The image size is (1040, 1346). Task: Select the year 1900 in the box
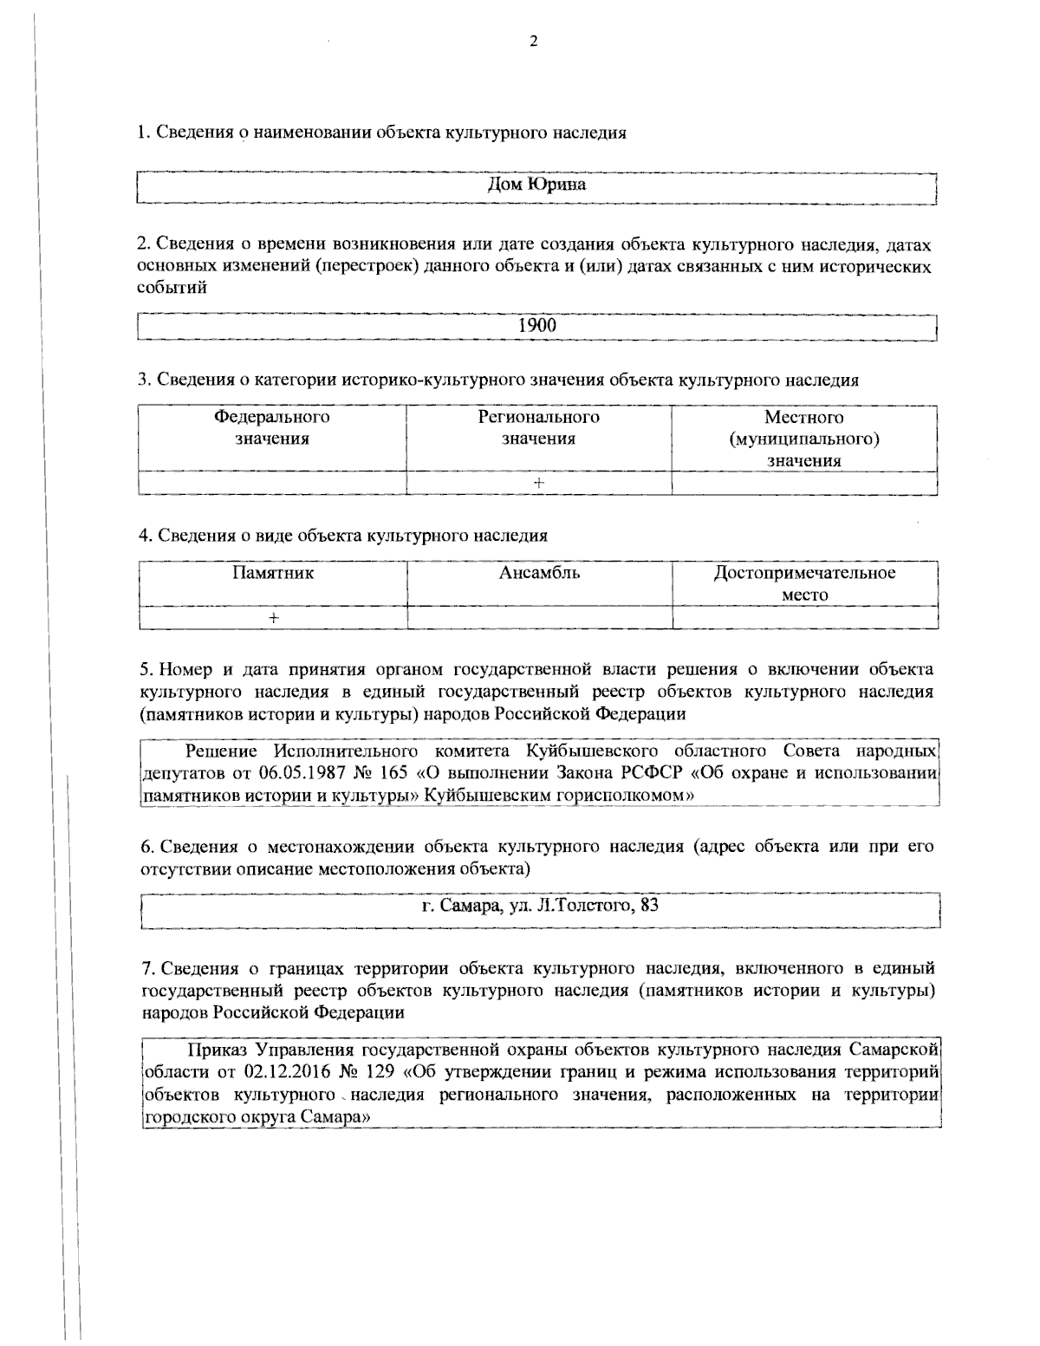(x=537, y=325)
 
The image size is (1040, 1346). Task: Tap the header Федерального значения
(x=272, y=427)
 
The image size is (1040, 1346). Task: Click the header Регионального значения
(x=538, y=427)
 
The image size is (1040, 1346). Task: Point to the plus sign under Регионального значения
(x=538, y=484)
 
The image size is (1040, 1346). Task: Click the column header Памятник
(x=273, y=573)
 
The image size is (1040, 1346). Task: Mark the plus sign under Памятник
(x=273, y=617)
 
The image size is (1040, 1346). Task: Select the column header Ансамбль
(x=539, y=573)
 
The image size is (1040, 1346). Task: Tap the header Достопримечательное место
(x=804, y=583)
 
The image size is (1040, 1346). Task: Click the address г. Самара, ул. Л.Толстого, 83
(x=540, y=907)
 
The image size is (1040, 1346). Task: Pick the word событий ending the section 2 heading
(x=173, y=289)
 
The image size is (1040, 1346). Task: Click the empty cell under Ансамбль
(x=539, y=617)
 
